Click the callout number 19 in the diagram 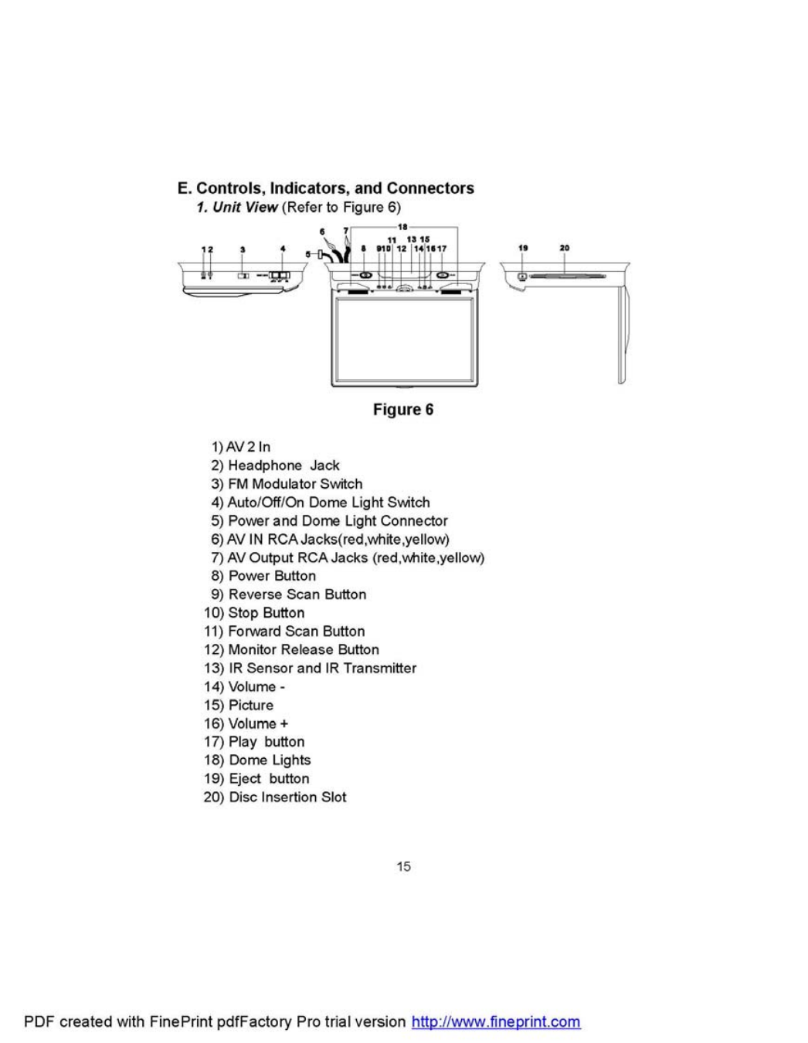tap(523, 248)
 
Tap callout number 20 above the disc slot tap(565, 248)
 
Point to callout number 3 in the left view tap(243, 249)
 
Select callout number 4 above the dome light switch tap(283, 249)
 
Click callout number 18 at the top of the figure tap(402, 227)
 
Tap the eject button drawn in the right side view tap(523, 276)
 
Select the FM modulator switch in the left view tap(243, 276)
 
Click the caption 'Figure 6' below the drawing tap(403, 409)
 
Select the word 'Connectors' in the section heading tap(430, 188)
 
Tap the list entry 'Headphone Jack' tap(283, 466)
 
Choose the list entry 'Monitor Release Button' tap(304, 649)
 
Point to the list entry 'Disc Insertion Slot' tap(287, 797)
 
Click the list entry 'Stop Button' tap(267, 613)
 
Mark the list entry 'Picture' tap(251, 705)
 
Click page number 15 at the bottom tap(403, 866)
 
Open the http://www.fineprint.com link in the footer tap(496, 1021)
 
